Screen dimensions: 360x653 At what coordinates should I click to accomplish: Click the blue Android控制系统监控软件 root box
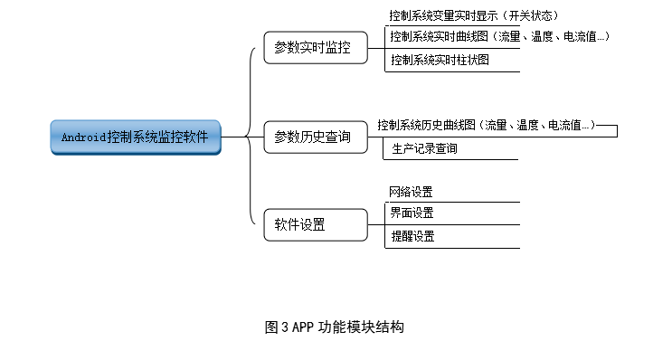[136, 137]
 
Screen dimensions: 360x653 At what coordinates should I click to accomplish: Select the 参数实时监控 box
[316, 47]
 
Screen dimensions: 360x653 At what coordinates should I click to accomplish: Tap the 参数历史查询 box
[316, 137]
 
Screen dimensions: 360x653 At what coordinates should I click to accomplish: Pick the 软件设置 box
[316, 225]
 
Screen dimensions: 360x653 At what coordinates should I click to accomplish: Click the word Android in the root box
[83, 137]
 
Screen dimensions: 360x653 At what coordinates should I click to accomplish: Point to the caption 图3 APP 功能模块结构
[334, 327]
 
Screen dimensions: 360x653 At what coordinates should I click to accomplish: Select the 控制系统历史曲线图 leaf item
[488, 126]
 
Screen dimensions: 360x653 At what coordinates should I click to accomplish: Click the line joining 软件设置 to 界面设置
[378, 220]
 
